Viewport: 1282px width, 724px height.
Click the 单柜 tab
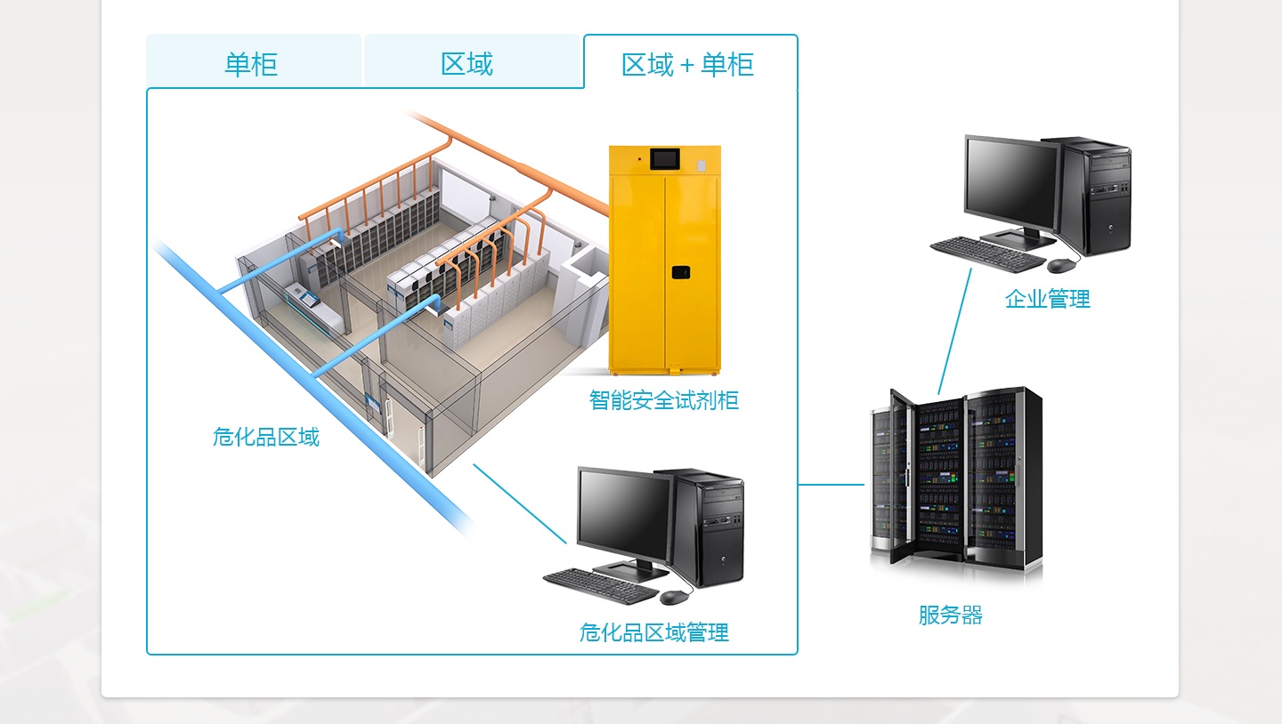pos(251,64)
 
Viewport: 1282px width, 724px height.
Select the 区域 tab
pos(467,64)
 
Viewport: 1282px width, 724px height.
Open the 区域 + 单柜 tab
pos(688,64)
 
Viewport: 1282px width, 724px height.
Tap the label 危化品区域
pos(265,437)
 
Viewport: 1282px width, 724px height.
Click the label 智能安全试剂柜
pos(664,400)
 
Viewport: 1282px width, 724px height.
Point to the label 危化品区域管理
pos(654,632)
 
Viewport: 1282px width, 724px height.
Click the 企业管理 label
pos(1047,299)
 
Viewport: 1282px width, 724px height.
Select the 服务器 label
pos(950,615)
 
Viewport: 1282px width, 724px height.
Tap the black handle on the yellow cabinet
pos(681,271)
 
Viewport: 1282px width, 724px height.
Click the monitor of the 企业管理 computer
pos(1010,182)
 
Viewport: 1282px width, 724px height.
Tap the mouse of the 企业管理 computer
pos(1061,265)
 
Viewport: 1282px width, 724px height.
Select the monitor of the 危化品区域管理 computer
pos(623,511)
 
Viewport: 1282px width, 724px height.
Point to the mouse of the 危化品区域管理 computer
pos(674,597)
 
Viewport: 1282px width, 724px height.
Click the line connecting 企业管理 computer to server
pos(954,331)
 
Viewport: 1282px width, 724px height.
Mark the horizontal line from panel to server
pos(831,485)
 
